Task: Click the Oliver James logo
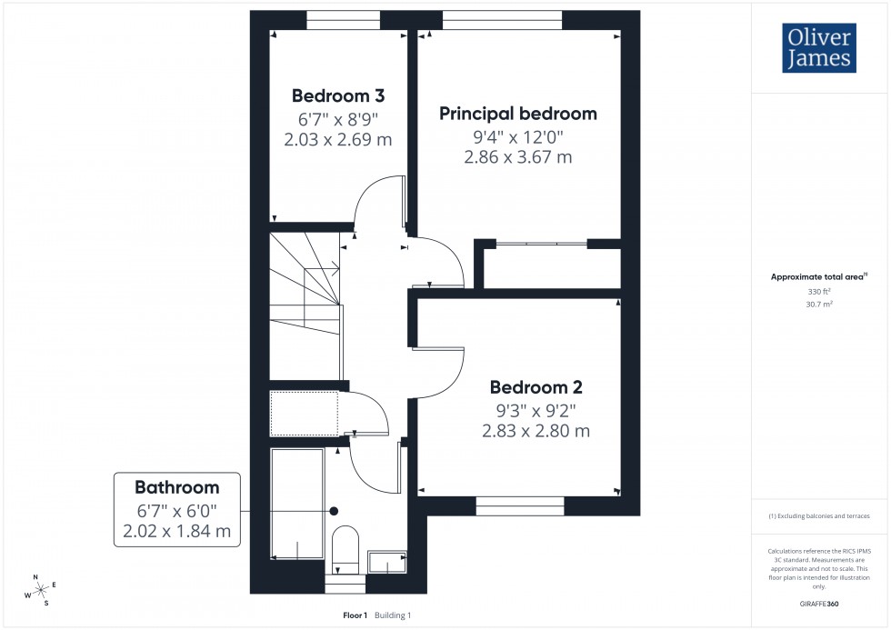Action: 817,48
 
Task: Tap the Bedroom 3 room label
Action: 338,95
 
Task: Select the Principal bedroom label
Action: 518,114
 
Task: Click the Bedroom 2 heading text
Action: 536,387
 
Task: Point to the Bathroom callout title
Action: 177,487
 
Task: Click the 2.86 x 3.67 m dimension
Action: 518,156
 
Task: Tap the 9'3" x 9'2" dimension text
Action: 536,410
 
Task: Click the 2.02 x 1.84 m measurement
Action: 177,531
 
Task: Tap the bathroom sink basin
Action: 387,564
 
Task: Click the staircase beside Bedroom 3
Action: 305,300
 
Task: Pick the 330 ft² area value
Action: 819,291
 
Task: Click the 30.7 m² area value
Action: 819,305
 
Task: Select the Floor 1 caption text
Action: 355,615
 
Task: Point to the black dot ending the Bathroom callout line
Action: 335,511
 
